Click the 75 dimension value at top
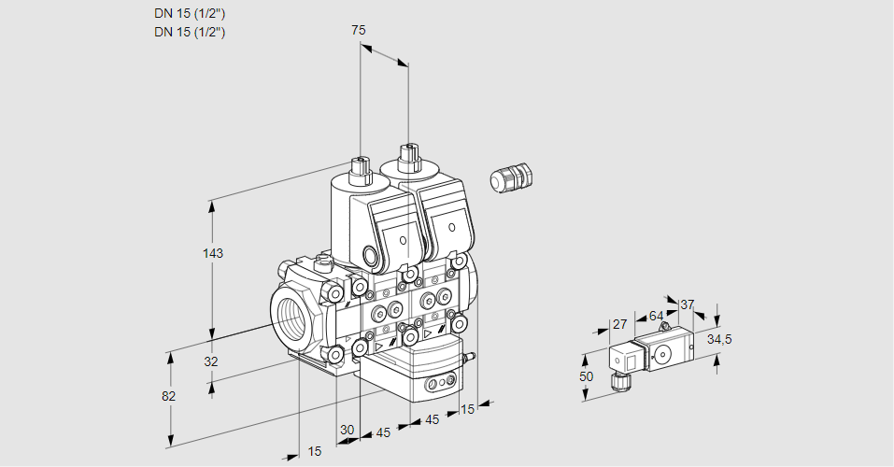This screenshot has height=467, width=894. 358,31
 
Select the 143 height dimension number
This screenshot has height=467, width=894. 215,253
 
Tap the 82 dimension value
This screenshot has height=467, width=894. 168,396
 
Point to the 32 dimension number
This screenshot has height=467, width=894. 211,361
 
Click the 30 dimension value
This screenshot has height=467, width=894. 348,430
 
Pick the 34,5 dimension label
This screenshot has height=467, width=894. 718,339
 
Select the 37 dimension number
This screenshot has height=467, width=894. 688,304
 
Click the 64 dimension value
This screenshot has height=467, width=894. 656,317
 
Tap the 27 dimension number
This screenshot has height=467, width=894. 619,325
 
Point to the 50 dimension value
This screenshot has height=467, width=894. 586,376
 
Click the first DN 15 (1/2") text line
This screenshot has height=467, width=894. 190,14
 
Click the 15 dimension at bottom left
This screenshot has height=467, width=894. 315,452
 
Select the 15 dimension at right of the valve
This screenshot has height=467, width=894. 467,408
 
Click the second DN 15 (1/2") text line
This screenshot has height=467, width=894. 190,32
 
